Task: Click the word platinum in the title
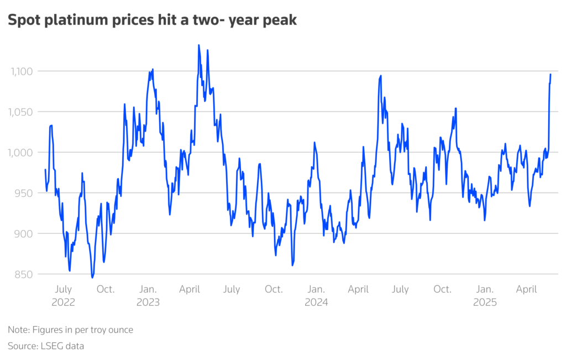(x=77, y=21)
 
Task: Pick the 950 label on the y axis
(x=25, y=193)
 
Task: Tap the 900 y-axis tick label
(x=25, y=233)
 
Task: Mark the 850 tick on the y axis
(x=25, y=274)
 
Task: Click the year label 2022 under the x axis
(x=62, y=302)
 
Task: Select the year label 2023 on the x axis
(x=148, y=302)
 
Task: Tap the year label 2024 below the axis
(x=316, y=302)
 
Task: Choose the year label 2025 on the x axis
(x=485, y=302)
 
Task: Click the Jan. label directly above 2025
(x=485, y=289)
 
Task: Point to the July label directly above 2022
(x=62, y=289)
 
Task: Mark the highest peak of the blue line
(x=198, y=45)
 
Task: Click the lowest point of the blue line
(x=92, y=278)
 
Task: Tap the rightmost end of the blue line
(x=551, y=74)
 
